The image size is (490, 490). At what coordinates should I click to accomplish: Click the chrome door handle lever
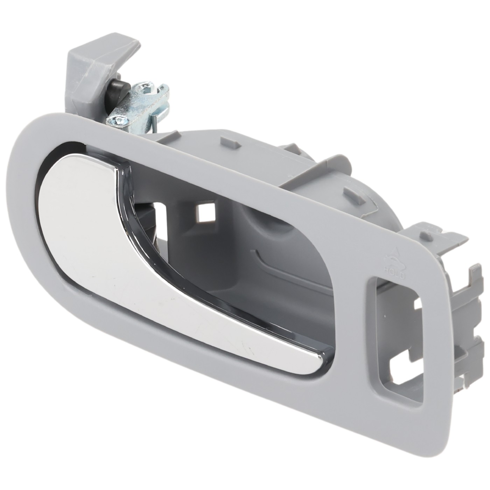pyautogui.click(x=105, y=227)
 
